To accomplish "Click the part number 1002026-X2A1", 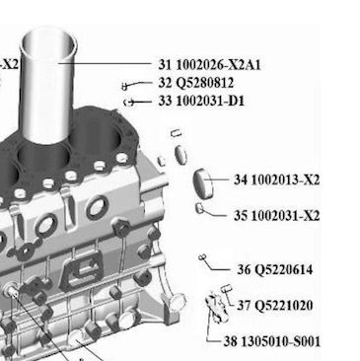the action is (x=218, y=65).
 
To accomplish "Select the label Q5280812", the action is (x=205, y=83).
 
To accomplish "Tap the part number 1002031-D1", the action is (x=210, y=101).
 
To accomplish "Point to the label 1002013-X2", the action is (x=285, y=180).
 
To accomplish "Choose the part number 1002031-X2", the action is (x=285, y=216).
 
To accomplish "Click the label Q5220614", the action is (x=284, y=269).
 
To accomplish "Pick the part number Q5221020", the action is (x=284, y=306).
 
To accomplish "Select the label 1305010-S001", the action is (x=280, y=341).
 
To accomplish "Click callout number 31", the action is (x=166, y=65).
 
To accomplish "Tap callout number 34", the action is (x=241, y=180).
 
